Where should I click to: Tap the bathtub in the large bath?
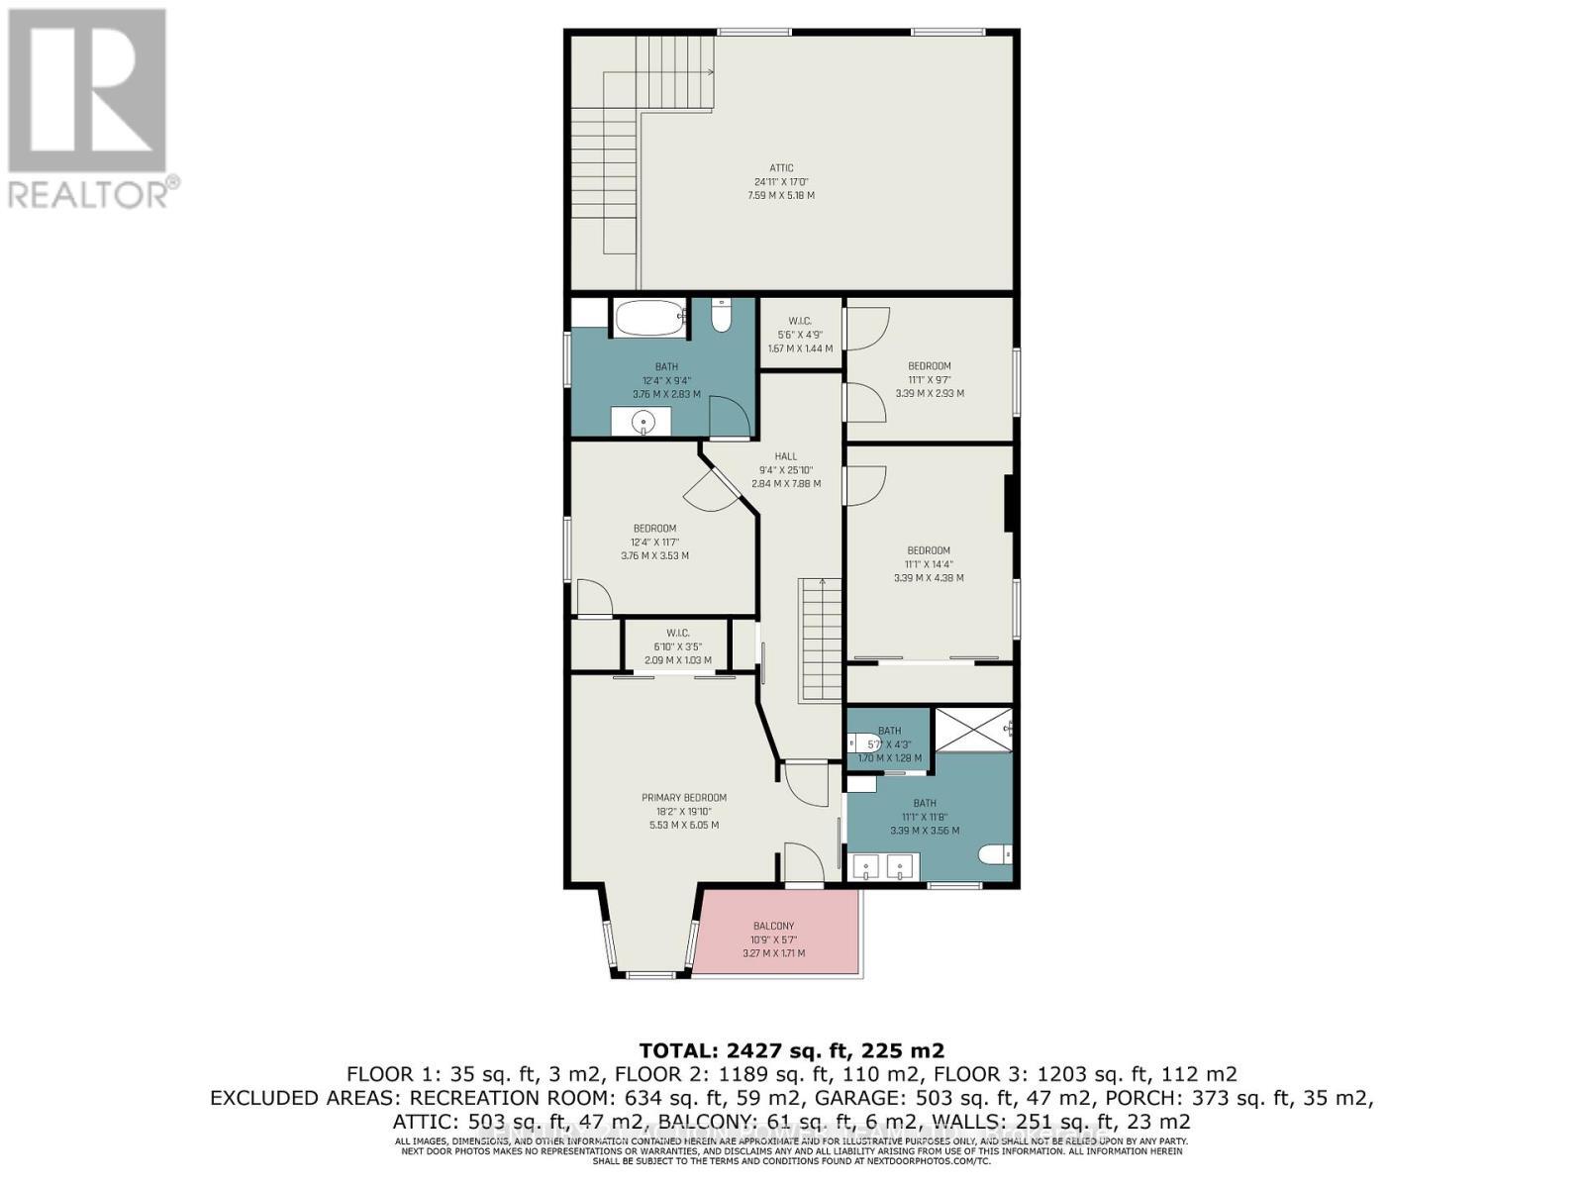point(649,319)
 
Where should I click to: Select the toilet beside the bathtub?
point(721,317)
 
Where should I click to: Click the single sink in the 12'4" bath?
point(643,423)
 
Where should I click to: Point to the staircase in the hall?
point(820,642)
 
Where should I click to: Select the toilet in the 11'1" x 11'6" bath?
point(993,853)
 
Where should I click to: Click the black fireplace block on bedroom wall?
point(1009,505)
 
